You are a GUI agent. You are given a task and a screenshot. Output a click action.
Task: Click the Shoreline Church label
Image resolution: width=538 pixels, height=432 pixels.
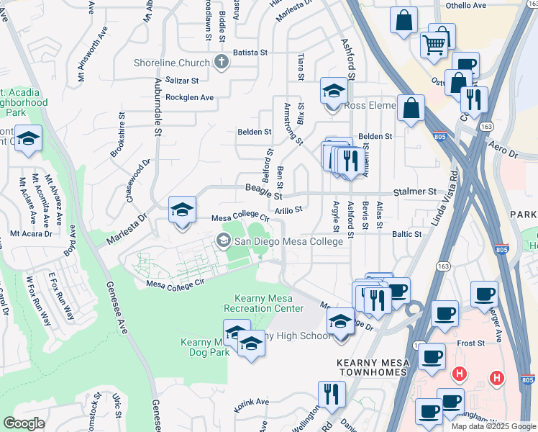tap(171, 62)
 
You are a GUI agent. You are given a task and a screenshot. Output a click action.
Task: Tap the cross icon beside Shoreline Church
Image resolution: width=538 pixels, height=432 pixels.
tap(221, 62)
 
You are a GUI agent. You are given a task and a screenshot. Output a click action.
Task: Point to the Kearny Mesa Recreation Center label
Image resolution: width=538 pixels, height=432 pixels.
tap(264, 303)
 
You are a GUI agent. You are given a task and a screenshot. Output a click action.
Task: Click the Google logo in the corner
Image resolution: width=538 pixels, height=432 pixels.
tap(23, 423)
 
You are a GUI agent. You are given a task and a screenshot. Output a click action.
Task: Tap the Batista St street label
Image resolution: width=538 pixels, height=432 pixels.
tap(249, 53)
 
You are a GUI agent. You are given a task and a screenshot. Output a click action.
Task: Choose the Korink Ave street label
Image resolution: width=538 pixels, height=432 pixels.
tap(251, 402)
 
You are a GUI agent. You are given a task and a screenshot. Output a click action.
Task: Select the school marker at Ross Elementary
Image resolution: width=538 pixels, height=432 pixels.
tap(334, 92)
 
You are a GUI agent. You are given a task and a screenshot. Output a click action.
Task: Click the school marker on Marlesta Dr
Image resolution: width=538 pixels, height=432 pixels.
tap(182, 211)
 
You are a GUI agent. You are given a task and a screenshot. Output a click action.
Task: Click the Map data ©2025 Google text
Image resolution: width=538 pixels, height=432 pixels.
tap(493, 426)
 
